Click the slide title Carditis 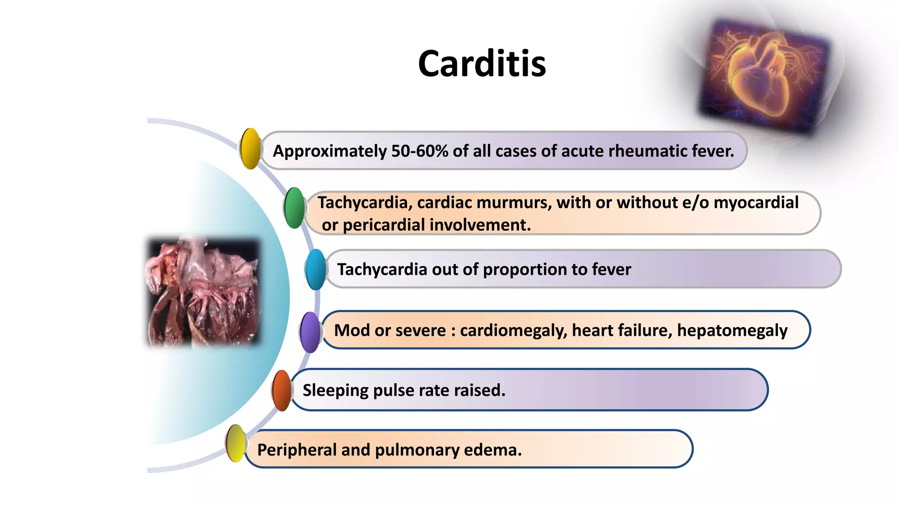tap(481, 64)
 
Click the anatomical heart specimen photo tap(203, 292)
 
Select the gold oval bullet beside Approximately tap(250, 149)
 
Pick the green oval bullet tap(294, 208)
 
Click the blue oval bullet tap(316, 270)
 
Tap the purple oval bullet tap(310, 332)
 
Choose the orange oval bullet tap(282, 390)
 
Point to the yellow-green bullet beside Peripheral tap(236, 443)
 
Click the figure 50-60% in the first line tap(420, 151)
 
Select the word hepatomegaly tap(732, 331)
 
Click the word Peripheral tap(296, 450)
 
